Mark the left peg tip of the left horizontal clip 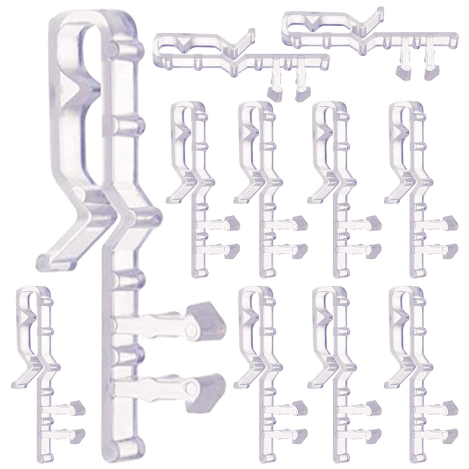pos(276,91)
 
